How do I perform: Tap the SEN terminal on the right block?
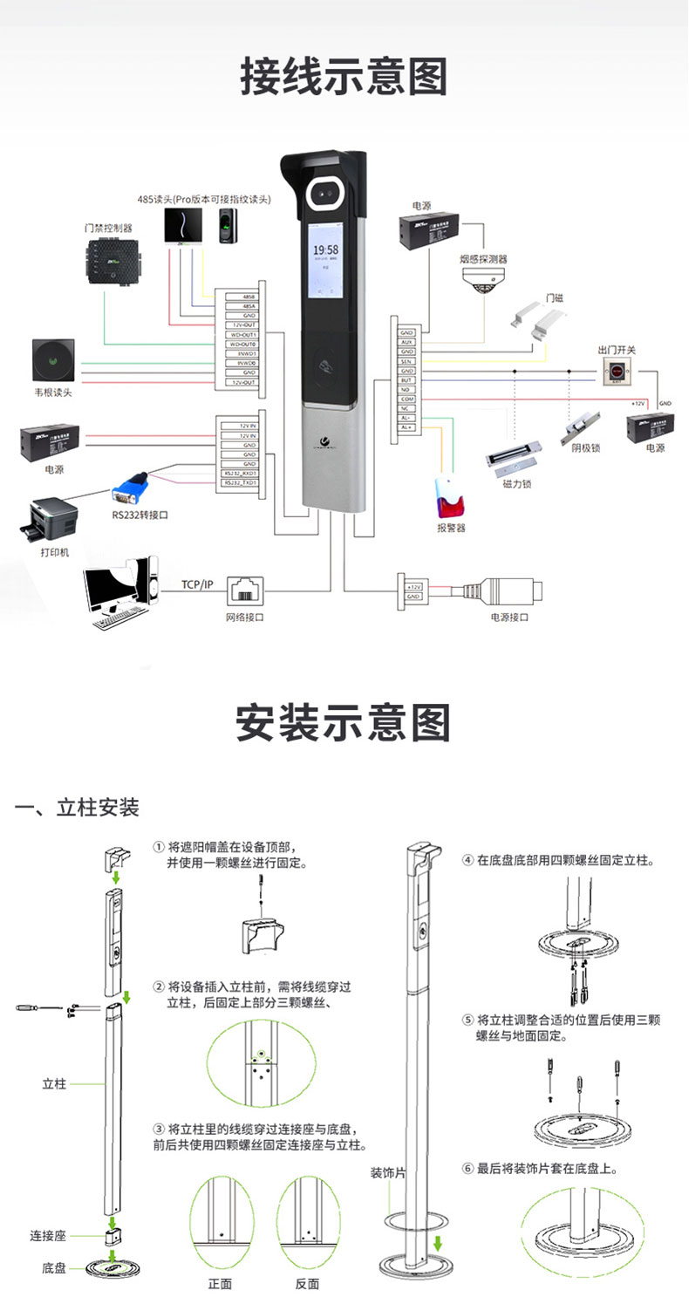pyautogui.click(x=406, y=360)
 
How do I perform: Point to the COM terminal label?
pyautogui.click(x=406, y=399)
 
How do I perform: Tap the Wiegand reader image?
pyautogui.click(x=54, y=361)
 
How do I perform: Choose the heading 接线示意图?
pyautogui.click(x=344, y=77)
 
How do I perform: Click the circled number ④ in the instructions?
pyautogui.click(x=468, y=860)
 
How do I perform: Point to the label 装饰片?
pyautogui.click(x=388, y=1173)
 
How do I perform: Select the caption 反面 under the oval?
pyautogui.click(x=307, y=1283)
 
